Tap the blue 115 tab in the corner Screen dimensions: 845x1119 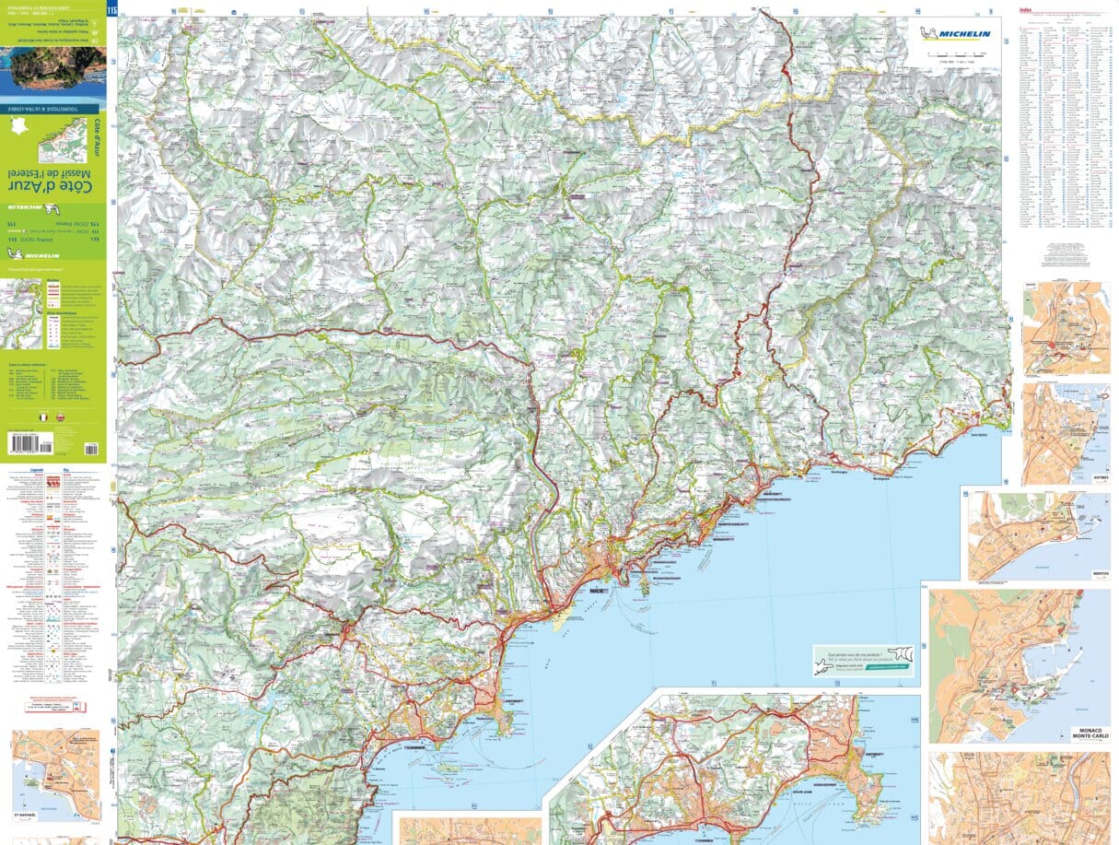tap(111, 9)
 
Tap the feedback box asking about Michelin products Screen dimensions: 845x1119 tap(862, 660)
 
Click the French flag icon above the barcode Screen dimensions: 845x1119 tap(42, 417)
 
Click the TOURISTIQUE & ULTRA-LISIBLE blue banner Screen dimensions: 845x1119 tap(53, 108)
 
